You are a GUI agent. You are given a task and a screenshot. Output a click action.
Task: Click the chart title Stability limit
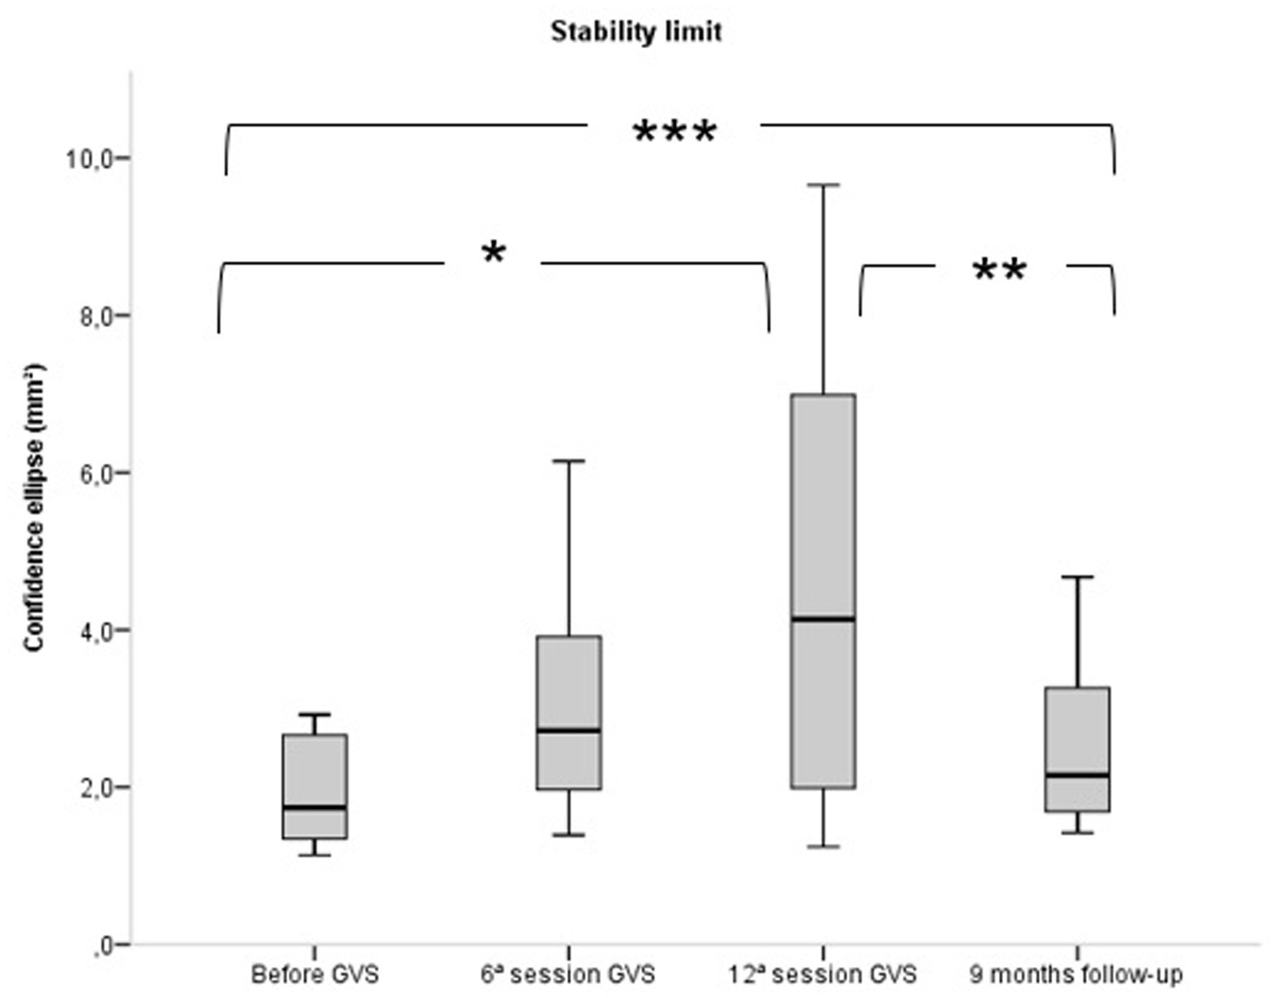click(x=636, y=32)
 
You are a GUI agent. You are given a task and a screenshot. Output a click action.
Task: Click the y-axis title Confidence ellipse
click(x=34, y=507)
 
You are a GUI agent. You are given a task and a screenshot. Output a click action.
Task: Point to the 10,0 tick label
click(x=86, y=159)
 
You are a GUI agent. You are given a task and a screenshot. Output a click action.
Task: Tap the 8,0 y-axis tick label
click(x=90, y=317)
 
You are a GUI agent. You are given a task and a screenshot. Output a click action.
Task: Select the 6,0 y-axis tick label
click(x=90, y=474)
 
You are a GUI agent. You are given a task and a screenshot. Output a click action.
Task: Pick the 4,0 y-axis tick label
click(x=90, y=631)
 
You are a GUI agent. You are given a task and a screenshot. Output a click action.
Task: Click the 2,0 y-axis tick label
click(x=90, y=788)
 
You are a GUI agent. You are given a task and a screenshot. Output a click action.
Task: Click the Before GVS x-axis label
click(x=315, y=974)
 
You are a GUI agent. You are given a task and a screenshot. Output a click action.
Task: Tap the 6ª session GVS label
click(x=568, y=974)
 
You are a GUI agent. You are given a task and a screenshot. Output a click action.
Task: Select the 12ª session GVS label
click(x=822, y=974)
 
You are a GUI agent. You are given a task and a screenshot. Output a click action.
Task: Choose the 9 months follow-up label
click(x=1076, y=974)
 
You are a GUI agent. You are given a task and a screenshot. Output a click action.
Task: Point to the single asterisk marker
click(x=493, y=253)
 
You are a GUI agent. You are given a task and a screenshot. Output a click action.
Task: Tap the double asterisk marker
click(x=999, y=269)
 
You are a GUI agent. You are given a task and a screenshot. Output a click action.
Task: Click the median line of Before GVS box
click(x=315, y=807)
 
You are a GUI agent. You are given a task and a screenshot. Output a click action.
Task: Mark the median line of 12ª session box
click(x=823, y=618)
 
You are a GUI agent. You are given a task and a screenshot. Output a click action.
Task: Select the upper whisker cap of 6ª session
click(x=569, y=460)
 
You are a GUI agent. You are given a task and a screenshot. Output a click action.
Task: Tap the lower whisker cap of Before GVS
click(x=315, y=855)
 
